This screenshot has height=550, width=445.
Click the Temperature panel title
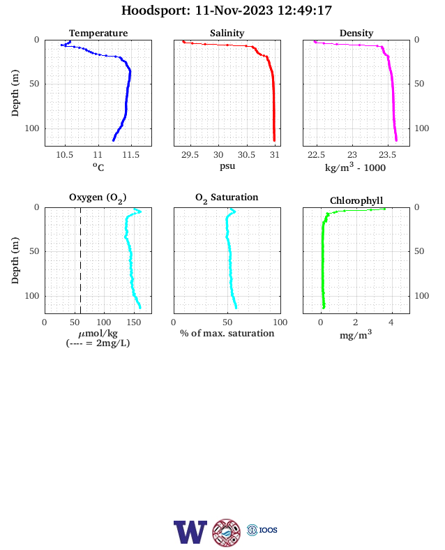(x=98, y=33)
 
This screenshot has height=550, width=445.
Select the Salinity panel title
(x=227, y=33)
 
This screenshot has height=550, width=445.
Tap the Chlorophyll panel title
(x=356, y=200)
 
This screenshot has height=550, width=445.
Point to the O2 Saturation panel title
(x=227, y=198)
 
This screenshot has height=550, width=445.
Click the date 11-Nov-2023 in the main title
(x=234, y=10)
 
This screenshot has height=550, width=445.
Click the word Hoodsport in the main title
(x=154, y=10)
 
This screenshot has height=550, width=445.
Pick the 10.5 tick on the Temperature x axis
(x=65, y=155)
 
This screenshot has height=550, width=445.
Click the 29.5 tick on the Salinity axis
(x=190, y=155)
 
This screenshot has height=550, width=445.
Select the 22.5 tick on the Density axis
(x=316, y=155)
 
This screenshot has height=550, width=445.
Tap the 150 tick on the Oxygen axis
(x=133, y=322)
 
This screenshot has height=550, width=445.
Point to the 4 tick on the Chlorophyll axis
(x=391, y=322)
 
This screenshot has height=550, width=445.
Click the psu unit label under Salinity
(x=227, y=166)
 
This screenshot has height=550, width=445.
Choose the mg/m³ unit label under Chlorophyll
(x=356, y=334)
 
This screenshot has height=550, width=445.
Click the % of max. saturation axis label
(x=227, y=333)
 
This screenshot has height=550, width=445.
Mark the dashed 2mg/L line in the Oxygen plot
(x=81, y=260)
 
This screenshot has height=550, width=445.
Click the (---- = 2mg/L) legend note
(x=98, y=343)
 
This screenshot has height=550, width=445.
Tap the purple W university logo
(x=190, y=532)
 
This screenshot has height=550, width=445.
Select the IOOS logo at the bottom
(x=262, y=530)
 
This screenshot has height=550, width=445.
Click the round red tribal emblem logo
(x=227, y=533)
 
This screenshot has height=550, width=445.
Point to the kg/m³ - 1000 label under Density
(x=355, y=167)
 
